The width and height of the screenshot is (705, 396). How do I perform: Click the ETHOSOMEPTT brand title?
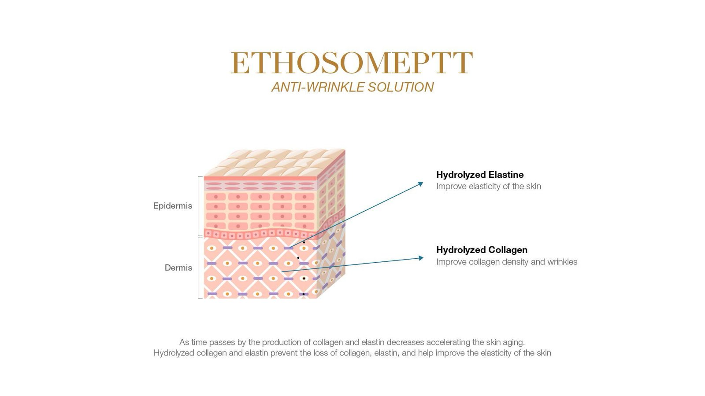click(352, 63)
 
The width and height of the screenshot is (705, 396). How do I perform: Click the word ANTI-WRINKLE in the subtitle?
click(318, 87)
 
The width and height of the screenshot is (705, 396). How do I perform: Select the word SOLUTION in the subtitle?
click(401, 87)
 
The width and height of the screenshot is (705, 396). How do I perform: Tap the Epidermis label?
click(172, 206)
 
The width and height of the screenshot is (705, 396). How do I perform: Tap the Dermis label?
click(178, 268)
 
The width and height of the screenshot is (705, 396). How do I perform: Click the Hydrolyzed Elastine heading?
click(480, 175)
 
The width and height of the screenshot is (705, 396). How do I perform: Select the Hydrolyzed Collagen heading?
click(482, 250)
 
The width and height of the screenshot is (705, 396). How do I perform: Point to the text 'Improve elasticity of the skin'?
click(489, 187)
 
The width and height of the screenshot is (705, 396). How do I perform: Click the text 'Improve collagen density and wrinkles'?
click(507, 262)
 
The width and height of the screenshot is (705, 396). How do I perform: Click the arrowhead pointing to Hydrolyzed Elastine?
click(420, 184)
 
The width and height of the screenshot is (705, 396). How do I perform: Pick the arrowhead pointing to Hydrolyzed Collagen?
click(421, 258)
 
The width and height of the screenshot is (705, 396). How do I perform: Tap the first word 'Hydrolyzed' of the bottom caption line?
click(173, 353)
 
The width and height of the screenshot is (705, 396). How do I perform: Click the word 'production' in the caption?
click(282, 342)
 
